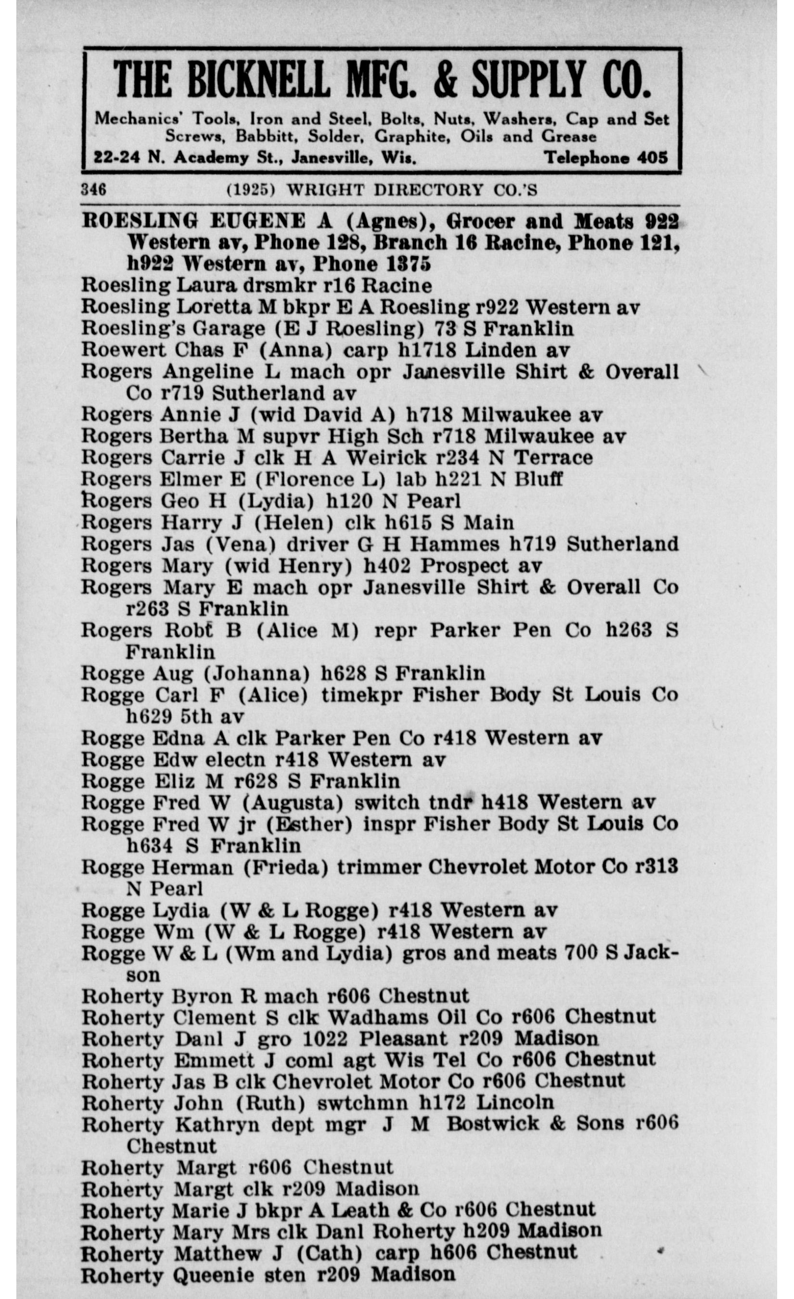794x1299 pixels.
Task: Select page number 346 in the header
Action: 94,189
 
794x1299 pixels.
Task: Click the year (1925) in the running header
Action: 250,190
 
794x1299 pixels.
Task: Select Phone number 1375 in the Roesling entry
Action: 404,264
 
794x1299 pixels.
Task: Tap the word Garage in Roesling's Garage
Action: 228,329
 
